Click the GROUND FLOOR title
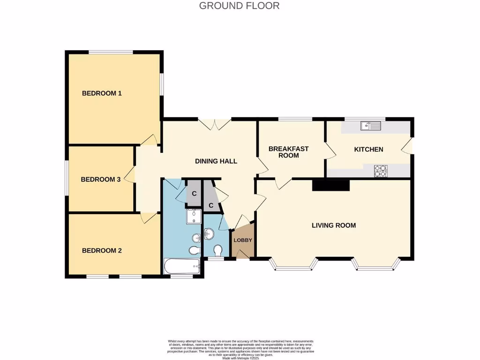pyautogui.click(x=239, y=6)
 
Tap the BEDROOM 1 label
pyautogui.click(x=102, y=93)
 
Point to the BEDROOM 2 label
pyautogui.click(x=102, y=251)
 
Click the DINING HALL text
pyautogui.click(x=216, y=161)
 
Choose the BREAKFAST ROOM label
pyautogui.click(x=288, y=152)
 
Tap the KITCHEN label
pyautogui.click(x=368, y=150)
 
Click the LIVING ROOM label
pyautogui.click(x=334, y=225)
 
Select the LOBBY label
pyautogui.click(x=243, y=240)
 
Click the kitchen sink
pyautogui.click(x=370, y=126)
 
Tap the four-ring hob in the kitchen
pyautogui.click(x=381, y=171)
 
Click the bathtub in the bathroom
pyautogui.click(x=182, y=267)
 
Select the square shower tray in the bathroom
pyautogui.click(x=194, y=217)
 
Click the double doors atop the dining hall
pyautogui.click(x=215, y=124)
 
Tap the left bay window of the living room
pyautogui.click(x=293, y=265)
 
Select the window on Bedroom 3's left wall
pyautogui.click(x=66, y=178)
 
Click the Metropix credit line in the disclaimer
pyautogui.click(x=240, y=358)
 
